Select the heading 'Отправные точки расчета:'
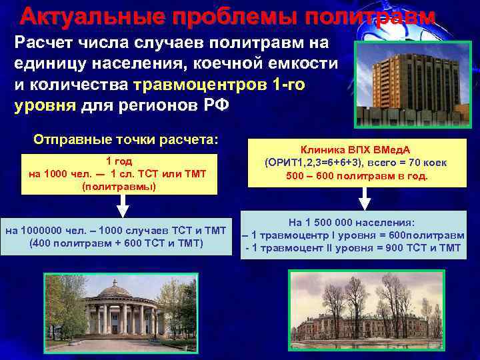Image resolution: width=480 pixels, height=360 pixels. tap(126, 140)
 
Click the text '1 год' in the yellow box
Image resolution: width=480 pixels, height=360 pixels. tap(119, 161)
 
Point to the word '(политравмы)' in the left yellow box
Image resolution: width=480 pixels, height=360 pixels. tap(119, 186)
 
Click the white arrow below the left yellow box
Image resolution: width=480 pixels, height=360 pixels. tap(119, 207)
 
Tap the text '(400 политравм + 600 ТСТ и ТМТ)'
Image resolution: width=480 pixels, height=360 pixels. tap(117, 243)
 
